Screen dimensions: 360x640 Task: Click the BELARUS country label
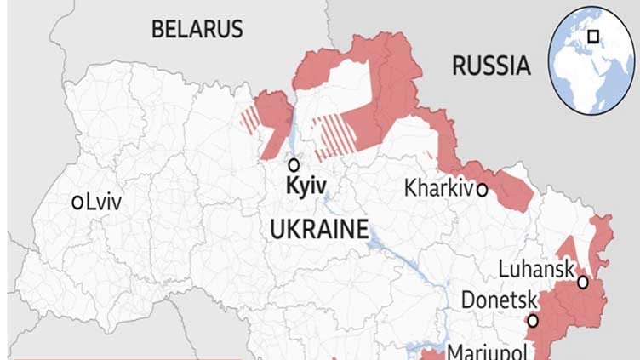pyautogui.click(x=197, y=28)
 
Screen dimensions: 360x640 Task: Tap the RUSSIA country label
pyautogui.click(x=490, y=65)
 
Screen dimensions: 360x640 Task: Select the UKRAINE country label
pyautogui.click(x=319, y=229)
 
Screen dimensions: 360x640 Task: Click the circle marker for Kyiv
pyautogui.click(x=294, y=165)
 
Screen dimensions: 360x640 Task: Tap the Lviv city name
pyautogui.click(x=104, y=203)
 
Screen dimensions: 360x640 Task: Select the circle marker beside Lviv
pyautogui.click(x=77, y=203)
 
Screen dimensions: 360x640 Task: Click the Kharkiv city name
pyautogui.click(x=438, y=188)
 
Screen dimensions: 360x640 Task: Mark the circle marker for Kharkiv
pyautogui.click(x=482, y=190)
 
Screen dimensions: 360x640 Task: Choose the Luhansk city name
pyautogui.click(x=535, y=269)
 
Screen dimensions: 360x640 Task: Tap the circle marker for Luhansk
pyautogui.click(x=582, y=282)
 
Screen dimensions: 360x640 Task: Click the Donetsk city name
pyautogui.click(x=499, y=300)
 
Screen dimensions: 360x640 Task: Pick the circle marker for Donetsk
pyautogui.click(x=533, y=321)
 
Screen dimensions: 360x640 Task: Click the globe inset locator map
pyautogui.click(x=592, y=60)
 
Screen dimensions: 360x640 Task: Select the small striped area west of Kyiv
pyautogui.click(x=249, y=121)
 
